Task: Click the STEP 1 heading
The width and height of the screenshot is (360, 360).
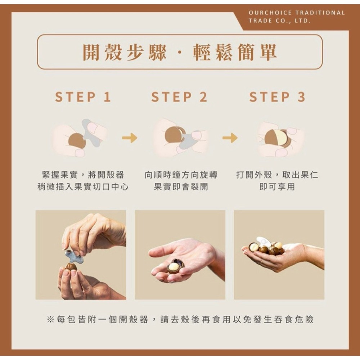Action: pyautogui.click(x=83, y=97)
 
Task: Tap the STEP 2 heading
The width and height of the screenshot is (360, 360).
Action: pyautogui.click(x=179, y=97)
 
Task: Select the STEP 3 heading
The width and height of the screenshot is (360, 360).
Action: pyautogui.click(x=277, y=97)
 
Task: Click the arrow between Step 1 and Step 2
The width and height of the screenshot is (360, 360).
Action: pyautogui.click(x=130, y=138)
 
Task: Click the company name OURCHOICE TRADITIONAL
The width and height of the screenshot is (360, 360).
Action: pyautogui.click(x=297, y=13)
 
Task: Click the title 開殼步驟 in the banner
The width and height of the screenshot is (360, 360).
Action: pyautogui.click(x=125, y=53)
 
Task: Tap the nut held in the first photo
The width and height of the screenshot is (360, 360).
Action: pyautogui.click(x=71, y=267)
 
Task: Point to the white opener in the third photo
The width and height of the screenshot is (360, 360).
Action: pyautogui.click(x=264, y=242)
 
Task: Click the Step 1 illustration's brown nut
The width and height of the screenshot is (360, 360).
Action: pyautogui.click(x=77, y=141)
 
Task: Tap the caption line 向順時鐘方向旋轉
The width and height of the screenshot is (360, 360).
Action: pyautogui.click(x=181, y=175)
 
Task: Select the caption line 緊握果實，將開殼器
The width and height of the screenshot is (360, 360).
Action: pyautogui.click(x=83, y=175)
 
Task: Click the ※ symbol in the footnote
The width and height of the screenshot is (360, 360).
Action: pyautogui.click(x=50, y=319)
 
